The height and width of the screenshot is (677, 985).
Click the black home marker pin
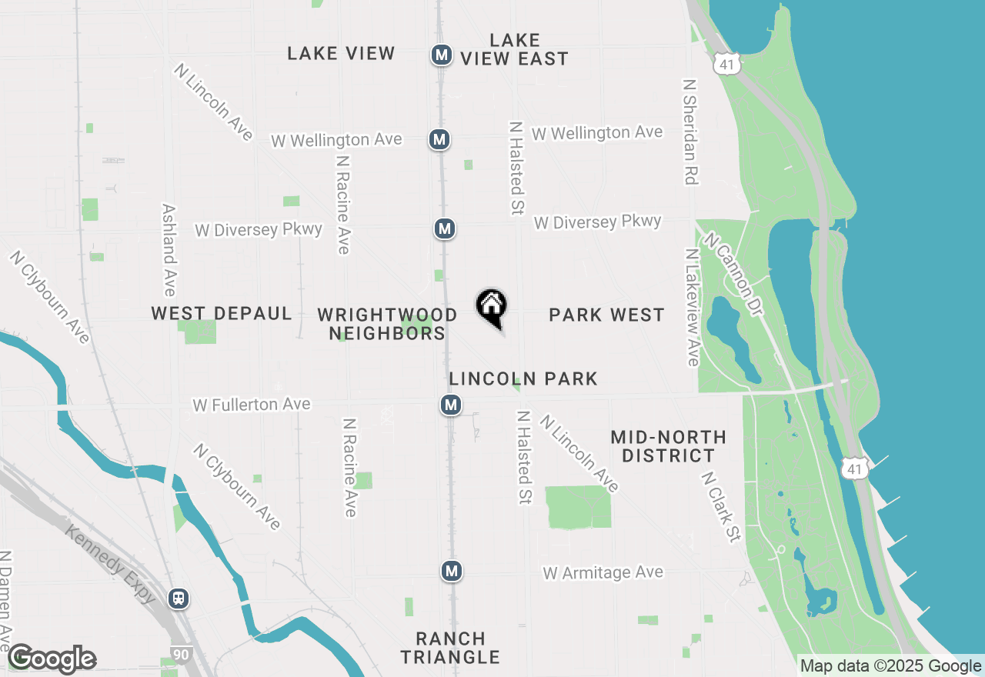[491, 307]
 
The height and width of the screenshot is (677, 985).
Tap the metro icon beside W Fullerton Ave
[451, 405]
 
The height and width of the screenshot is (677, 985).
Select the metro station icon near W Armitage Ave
[452, 571]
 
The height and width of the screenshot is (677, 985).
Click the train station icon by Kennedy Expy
[179, 598]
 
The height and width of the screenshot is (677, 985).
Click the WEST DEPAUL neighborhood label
[222, 314]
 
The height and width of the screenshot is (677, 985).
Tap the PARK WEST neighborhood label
[606, 315]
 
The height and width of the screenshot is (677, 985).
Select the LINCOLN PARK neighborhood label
[523, 379]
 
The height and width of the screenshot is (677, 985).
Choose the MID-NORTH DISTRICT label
[668, 446]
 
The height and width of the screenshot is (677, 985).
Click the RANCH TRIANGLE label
[450, 648]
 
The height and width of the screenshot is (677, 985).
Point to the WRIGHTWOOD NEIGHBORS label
[387, 324]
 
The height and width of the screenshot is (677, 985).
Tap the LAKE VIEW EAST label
[514, 49]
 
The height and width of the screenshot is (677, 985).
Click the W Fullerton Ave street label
[252, 405]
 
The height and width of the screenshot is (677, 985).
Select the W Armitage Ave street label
[603, 573]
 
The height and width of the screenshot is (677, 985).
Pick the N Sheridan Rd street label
[689, 131]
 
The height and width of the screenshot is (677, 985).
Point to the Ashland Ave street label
[169, 250]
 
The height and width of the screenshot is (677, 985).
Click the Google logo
[52, 659]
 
